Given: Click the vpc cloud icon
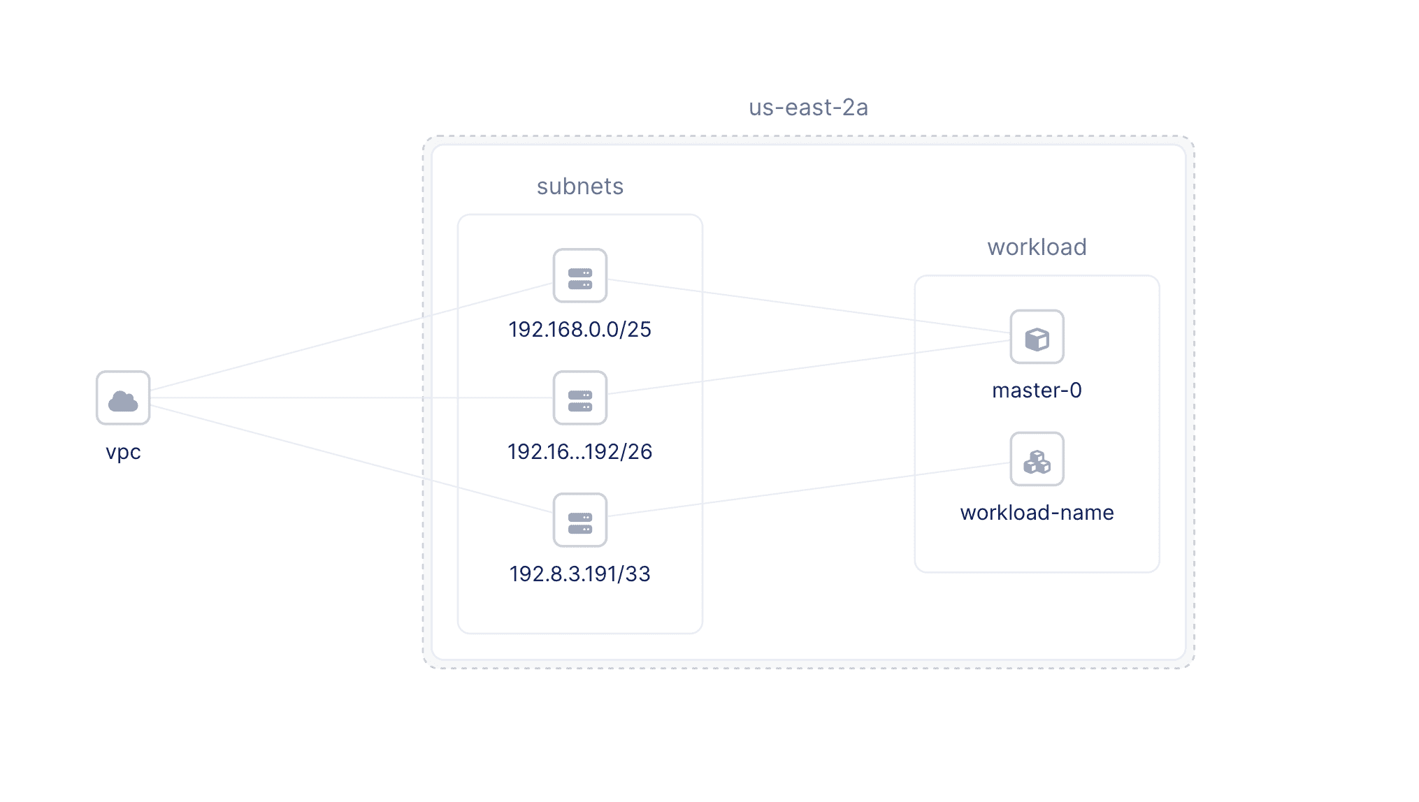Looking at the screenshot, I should pos(123,398).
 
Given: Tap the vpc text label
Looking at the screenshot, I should pos(123,452).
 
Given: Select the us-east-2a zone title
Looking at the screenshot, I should pos(808,108).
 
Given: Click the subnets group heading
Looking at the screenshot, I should pos(579,187).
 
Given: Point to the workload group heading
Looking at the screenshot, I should pos(1037,247).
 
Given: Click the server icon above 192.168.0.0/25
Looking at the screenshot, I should pos(579,276).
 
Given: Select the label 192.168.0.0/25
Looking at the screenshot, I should pos(579,330).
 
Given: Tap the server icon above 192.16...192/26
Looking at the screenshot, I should pos(579,398).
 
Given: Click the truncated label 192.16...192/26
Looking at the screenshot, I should pos(579,452).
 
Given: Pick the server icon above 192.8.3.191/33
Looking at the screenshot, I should pos(579,520).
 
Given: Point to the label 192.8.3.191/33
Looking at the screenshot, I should pos(579,574).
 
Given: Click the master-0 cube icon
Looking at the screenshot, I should pos(1037,337).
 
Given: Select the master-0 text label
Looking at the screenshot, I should pos(1037,391).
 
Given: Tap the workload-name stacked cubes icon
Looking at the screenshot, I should pos(1037,460).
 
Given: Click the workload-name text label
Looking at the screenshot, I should pos(1037,513).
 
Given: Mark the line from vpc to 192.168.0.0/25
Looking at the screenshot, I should pos(350,337).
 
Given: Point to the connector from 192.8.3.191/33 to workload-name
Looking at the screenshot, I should pos(804,490).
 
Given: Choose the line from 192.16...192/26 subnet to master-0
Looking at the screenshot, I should pos(804,368).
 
